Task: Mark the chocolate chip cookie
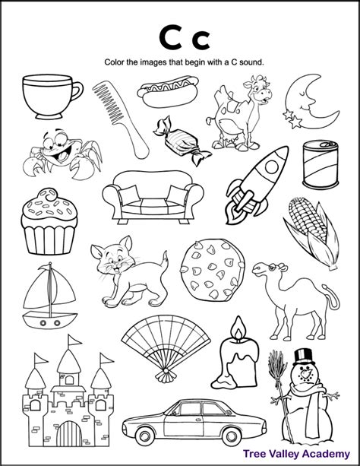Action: click(206, 273)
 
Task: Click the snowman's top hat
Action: click(303, 356)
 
